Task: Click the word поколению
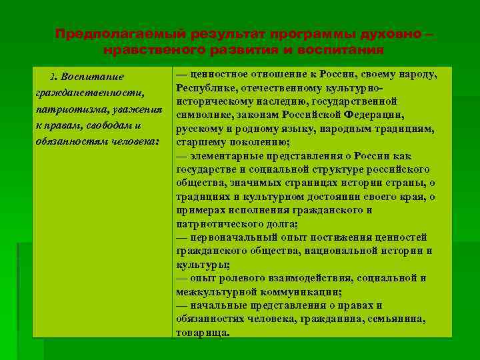253,141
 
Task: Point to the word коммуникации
299,291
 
